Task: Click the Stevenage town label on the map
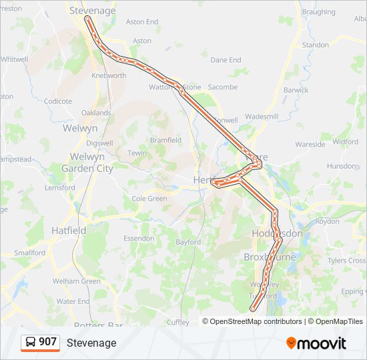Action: tap(93, 11)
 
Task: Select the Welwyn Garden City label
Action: tap(87, 163)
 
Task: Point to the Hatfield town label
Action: tap(69, 230)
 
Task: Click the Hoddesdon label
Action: tap(277, 234)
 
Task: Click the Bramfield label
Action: tap(165, 140)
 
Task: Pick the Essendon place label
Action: tap(139, 237)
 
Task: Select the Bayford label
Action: tap(188, 242)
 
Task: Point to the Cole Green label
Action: tap(149, 199)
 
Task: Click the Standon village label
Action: tap(316, 45)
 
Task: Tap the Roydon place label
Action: tap(327, 221)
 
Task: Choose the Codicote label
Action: tap(57, 101)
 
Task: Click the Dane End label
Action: tap(226, 60)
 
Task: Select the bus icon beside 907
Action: tap(31, 342)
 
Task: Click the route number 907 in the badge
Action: tap(48, 342)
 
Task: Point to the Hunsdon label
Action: tap(342, 166)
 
